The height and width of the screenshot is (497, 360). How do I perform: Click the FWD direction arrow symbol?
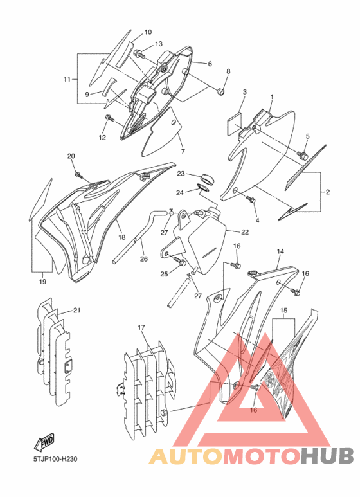[44, 442]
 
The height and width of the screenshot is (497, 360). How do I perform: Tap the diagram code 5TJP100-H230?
[55, 458]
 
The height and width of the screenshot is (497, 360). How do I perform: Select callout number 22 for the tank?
[245, 232]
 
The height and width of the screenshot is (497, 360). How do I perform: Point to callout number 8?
[228, 71]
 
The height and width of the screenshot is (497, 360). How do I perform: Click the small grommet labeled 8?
[221, 92]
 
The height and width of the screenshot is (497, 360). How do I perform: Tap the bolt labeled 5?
[302, 156]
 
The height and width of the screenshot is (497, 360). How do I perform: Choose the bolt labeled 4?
[251, 199]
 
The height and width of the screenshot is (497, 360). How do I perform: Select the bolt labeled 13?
[139, 54]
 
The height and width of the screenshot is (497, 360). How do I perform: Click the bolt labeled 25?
[180, 261]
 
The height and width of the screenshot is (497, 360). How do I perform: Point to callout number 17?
[141, 327]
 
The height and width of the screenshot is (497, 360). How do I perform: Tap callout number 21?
[76, 310]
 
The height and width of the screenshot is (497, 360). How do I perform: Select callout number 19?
[42, 281]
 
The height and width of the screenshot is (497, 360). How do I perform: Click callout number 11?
[67, 79]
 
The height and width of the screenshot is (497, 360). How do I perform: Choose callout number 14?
[280, 251]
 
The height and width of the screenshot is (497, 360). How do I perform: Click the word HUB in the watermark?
[327, 456]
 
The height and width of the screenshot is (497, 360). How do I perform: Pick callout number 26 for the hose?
[144, 259]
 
